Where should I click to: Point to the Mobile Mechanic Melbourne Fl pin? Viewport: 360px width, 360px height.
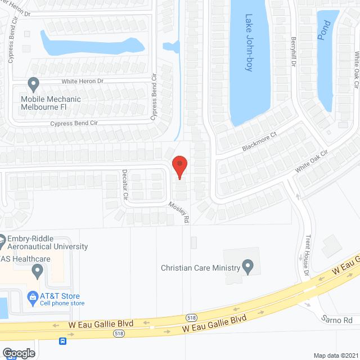click(33, 84)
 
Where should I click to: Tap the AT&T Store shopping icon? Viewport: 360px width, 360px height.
click(33, 296)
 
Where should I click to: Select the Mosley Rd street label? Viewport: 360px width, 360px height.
click(179, 212)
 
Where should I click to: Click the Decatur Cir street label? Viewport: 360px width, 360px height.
click(125, 185)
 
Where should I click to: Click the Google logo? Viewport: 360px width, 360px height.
click(18, 353)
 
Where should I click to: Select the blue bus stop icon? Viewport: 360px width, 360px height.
click(63, 340)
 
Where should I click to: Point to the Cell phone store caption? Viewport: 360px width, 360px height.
click(62, 304)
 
